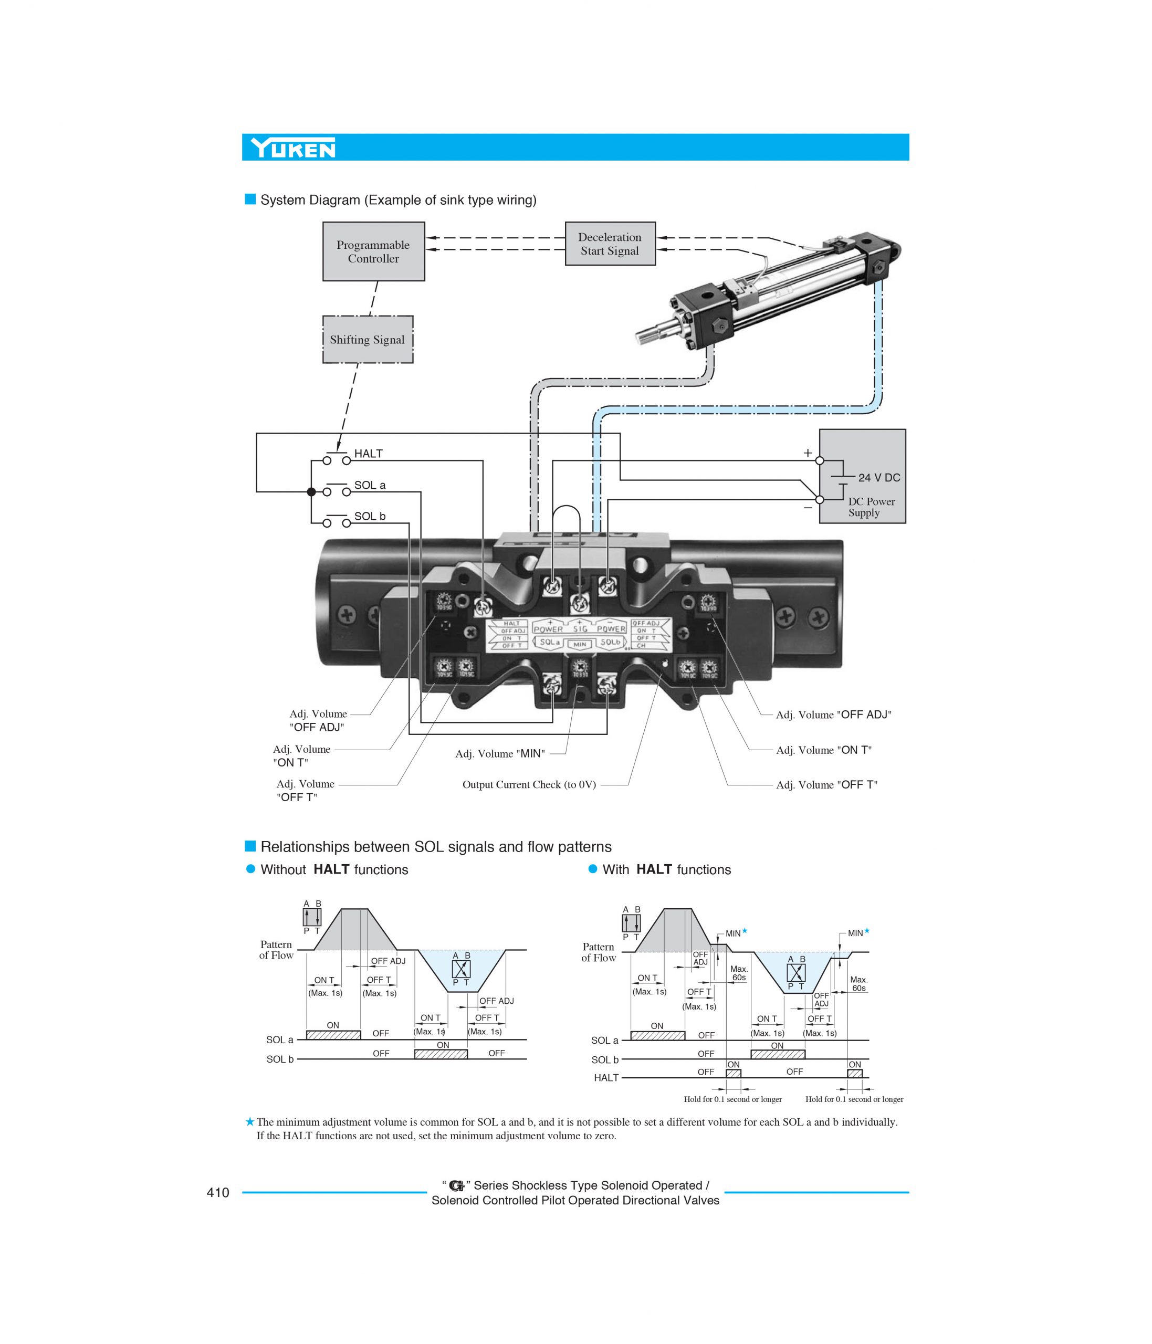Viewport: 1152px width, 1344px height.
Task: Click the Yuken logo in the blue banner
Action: click(293, 149)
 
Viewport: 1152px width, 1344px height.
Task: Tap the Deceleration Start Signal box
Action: click(610, 244)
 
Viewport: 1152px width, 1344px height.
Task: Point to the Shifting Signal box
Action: click(367, 340)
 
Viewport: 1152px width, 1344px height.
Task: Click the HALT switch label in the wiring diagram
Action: click(368, 454)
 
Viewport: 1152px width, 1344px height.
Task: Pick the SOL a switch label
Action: click(369, 485)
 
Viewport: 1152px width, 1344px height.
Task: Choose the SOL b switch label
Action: click(369, 516)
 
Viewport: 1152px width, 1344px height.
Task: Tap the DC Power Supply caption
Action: click(871, 507)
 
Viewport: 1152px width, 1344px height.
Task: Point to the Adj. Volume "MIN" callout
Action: click(499, 754)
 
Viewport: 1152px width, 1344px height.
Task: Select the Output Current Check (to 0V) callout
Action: click(529, 785)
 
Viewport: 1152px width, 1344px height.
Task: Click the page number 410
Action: click(218, 1192)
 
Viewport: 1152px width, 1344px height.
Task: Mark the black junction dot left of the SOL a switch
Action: click(311, 492)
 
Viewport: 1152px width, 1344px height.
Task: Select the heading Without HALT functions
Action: click(333, 870)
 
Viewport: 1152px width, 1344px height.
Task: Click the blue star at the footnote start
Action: click(250, 1121)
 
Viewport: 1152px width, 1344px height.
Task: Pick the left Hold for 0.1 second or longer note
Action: click(732, 1099)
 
